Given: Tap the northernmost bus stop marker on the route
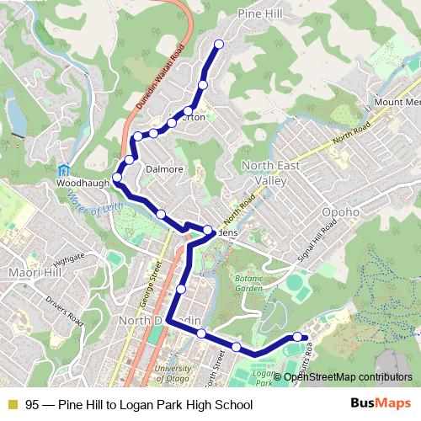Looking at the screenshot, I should (x=219, y=44).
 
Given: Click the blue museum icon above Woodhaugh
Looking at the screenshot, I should (x=64, y=168).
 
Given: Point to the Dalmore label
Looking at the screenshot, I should (x=164, y=168).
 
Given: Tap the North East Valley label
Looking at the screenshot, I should (x=270, y=173).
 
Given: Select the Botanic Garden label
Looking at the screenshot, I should (x=248, y=282).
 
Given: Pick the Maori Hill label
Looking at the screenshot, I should (x=30, y=273).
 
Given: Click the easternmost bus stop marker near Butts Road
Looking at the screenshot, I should (x=297, y=338).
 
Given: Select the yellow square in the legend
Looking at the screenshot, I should (x=12, y=405).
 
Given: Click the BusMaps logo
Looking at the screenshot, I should (x=381, y=404).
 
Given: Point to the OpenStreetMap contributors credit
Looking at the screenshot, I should (x=348, y=376).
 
